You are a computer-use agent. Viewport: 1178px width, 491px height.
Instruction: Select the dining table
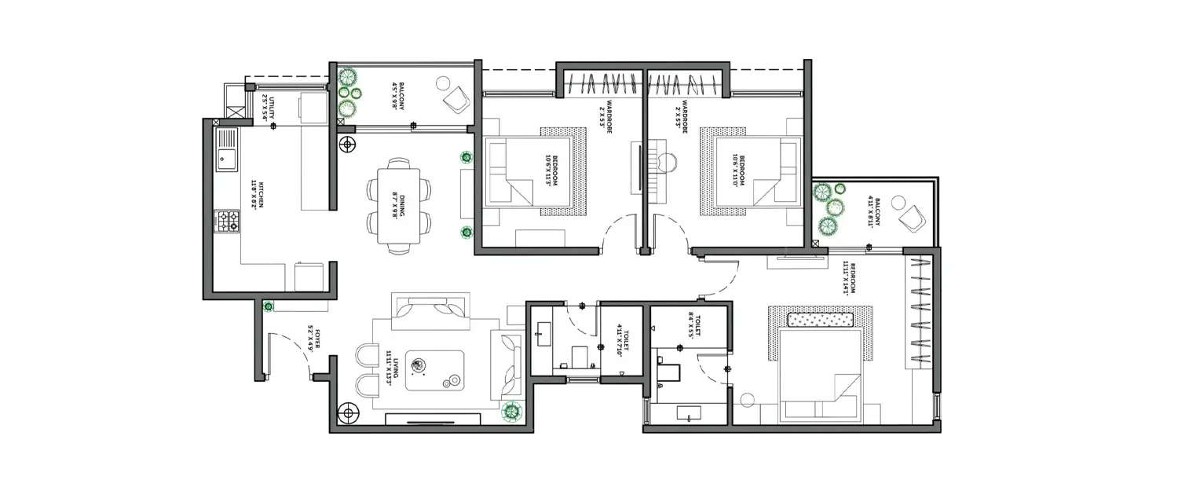click(x=399, y=206)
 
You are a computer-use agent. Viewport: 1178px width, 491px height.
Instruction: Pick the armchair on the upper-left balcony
click(x=455, y=98)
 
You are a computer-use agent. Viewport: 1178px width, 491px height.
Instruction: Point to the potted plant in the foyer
click(x=269, y=306)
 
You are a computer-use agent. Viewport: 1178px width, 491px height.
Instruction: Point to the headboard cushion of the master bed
click(x=821, y=321)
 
